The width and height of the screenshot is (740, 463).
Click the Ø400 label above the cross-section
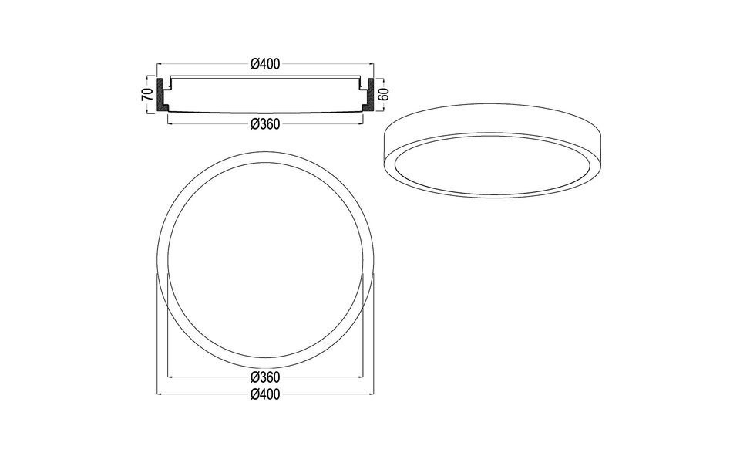pos(264,64)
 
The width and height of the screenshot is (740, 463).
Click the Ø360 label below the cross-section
pos(264,124)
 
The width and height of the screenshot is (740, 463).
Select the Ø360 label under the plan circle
pos(264,377)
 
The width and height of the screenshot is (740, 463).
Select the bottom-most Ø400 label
pos(264,394)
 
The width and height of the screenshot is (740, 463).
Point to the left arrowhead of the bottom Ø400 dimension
pos(159,394)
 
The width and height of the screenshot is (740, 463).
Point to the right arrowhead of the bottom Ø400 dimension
pos(372,394)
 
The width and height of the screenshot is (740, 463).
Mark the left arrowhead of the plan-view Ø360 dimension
pos(169,377)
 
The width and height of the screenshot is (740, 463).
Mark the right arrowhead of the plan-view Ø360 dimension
pos(362,377)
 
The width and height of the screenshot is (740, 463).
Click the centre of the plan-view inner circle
pos(266,261)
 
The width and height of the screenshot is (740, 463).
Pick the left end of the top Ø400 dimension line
pos(158,64)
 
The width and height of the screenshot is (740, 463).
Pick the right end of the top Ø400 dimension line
pos(373,64)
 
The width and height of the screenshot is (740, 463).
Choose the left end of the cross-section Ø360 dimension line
pos(168,124)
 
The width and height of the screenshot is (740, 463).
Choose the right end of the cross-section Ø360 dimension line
pos(362,124)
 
